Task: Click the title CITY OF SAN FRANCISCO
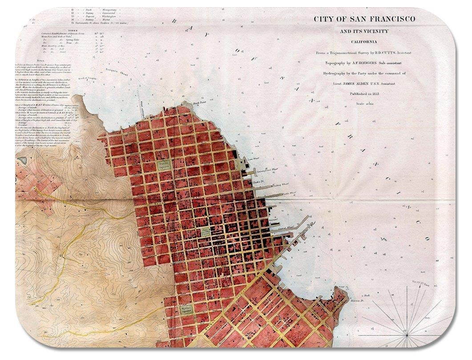pos(364,19)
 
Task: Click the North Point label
pos(198,103)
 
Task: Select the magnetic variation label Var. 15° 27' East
pos(420,283)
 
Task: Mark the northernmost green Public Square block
pos(164,165)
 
